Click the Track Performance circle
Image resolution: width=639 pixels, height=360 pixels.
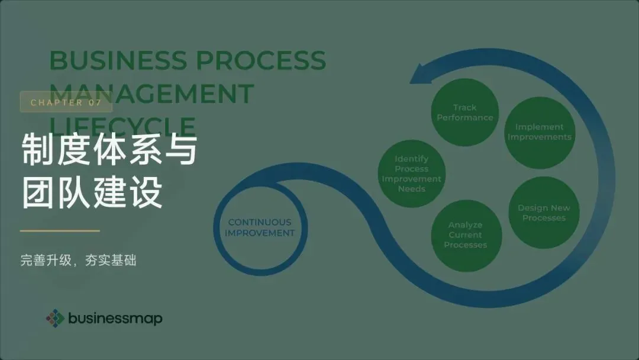[x=465, y=112]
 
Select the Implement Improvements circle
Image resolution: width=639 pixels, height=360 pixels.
[x=539, y=132]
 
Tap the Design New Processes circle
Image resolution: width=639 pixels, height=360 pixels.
[x=544, y=213]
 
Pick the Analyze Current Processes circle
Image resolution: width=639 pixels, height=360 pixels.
[x=466, y=235]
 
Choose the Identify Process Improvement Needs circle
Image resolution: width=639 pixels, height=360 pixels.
[x=411, y=173]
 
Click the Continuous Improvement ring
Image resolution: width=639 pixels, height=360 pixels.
[x=260, y=227]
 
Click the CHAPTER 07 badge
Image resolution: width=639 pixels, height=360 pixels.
[x=66, y=102]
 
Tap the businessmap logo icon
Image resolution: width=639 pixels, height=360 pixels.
[x=55, y=318]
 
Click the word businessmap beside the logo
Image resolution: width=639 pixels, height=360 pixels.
[x=115, y=318]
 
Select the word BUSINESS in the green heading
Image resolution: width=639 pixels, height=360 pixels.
[x=118, y=60]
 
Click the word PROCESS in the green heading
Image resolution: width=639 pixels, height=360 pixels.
[x=261, y=60]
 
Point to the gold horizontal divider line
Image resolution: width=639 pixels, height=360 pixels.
[x=60, y=231]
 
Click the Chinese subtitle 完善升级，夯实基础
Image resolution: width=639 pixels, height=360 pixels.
[x=78, y=260]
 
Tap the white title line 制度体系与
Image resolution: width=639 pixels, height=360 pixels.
[x=109, y=149]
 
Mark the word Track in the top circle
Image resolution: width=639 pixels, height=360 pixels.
[x=465, y=108]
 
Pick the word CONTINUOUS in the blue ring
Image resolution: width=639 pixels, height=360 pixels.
[x=260, y=222]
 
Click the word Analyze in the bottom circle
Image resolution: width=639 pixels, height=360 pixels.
[x=466, y=225]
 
